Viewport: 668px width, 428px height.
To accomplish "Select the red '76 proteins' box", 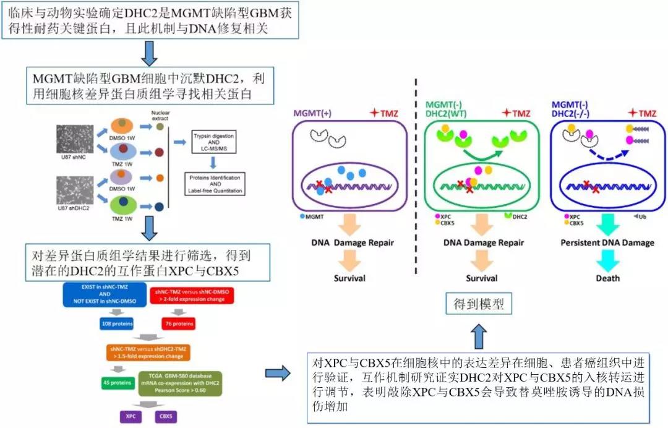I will point(178,322).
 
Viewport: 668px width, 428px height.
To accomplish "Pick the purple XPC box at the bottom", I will point(131,416).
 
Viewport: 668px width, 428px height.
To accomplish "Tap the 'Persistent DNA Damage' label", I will point(607,242).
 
